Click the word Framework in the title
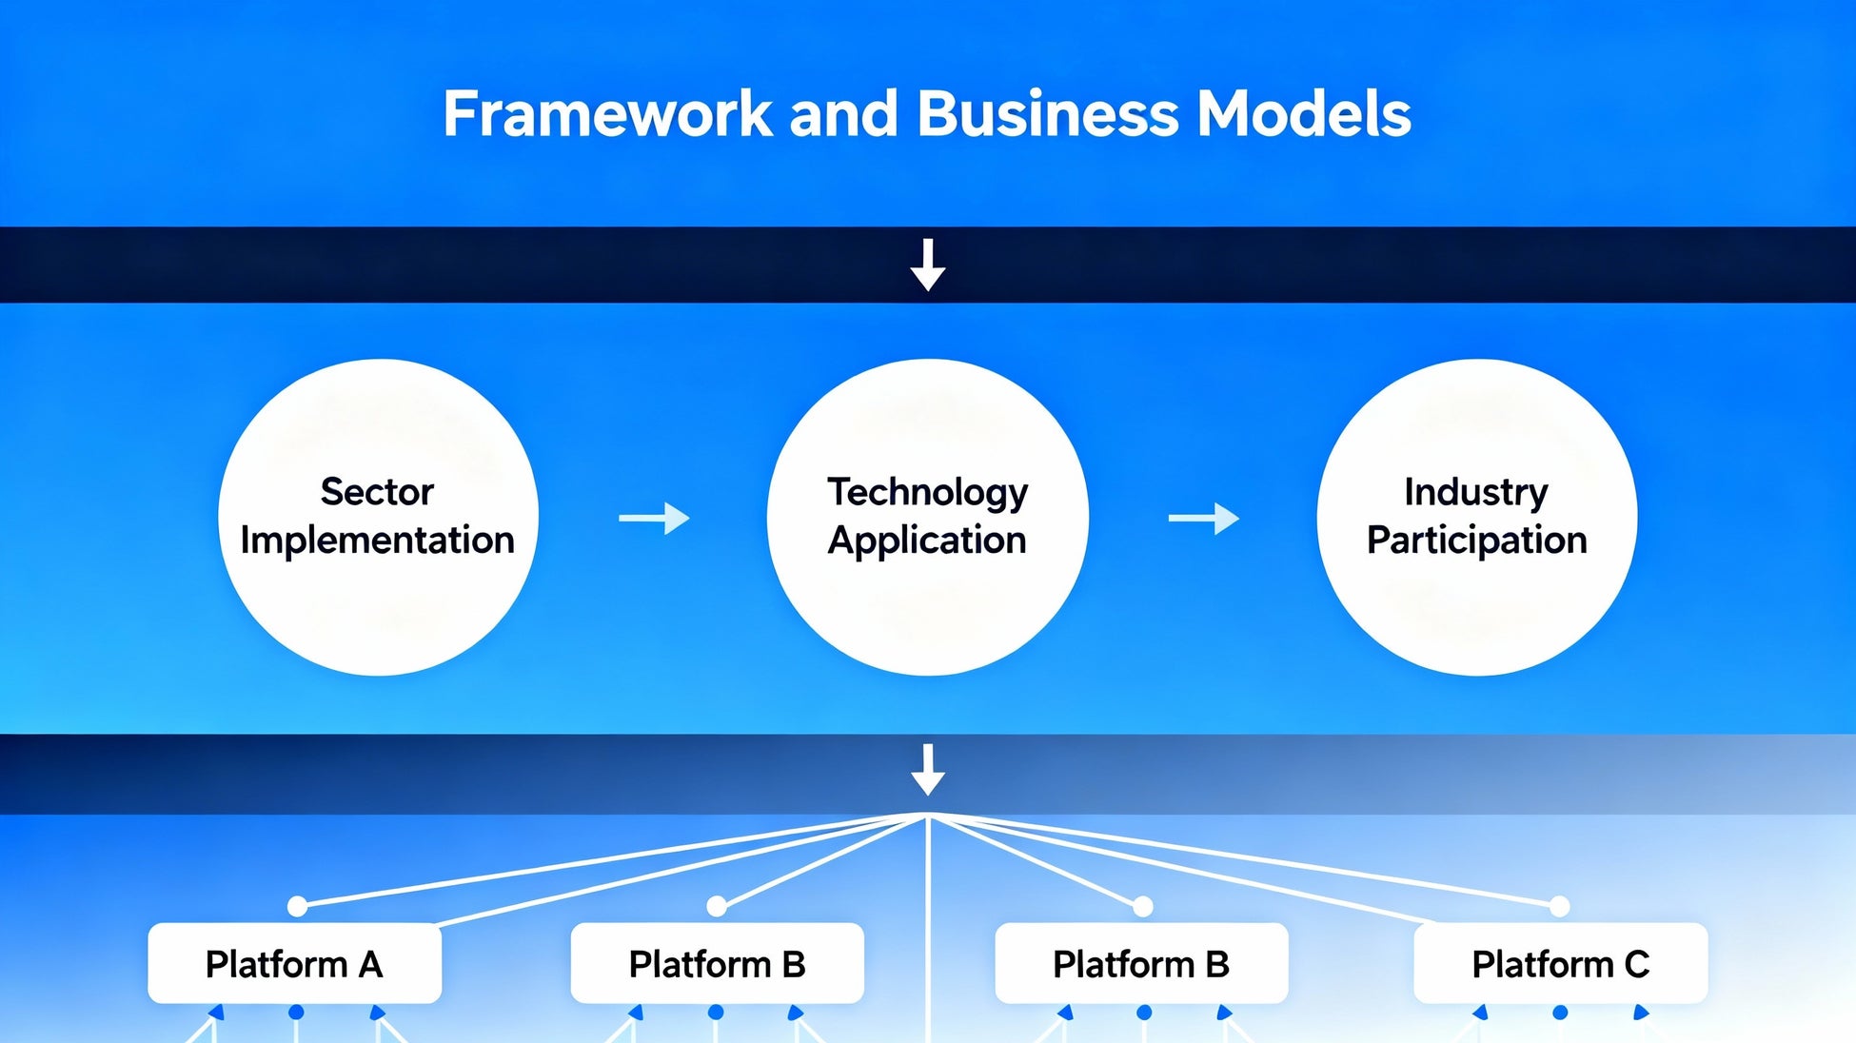(x=607, y=114)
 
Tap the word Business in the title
(x=1048, y=114)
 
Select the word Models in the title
(x=1303, y=114)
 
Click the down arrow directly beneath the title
(x=928, y=265)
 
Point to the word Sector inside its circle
(x=377, y=492)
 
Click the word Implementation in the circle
(x=377, y=541)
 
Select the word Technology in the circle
(x=927, y=492)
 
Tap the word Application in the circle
(x=927, y=541)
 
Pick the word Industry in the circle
(x=1476, y=492)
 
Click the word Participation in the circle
(x=1476, y=541)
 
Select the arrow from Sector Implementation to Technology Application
(x=654, y=519)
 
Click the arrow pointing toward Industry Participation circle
(x=1203, y=519)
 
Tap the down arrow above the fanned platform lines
(x=928, y=769)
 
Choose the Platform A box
(x=294, y=963)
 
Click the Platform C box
(x=1560, y=963)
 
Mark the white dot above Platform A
(x=298, y=906)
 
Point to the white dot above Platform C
(x=1559, y=906)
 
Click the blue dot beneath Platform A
(x=296, y=1013)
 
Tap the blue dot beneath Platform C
(x=1560, y=1013)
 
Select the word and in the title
(x=843, y=114)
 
